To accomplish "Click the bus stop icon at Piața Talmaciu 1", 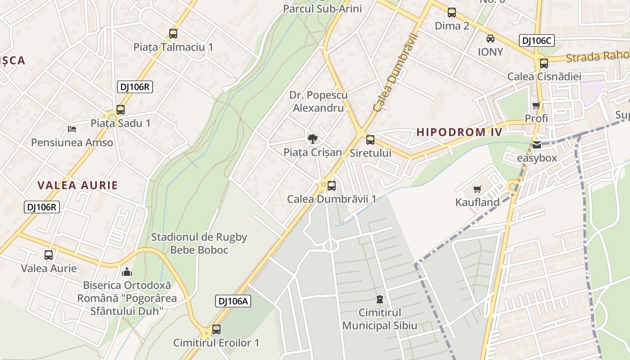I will [x=173, y=33].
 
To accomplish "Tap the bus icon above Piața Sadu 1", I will [x=121, y=109].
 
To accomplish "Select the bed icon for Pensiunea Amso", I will [x=72, y=129].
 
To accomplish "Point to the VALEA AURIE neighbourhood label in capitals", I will [x=78, y=185].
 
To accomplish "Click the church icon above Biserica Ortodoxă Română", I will [x=127, y=272].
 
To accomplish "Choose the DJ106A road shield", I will [x=233, y=301].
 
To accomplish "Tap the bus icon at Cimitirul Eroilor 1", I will [x=216, y=329].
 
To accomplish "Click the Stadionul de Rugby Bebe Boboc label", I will [x=199, y=243].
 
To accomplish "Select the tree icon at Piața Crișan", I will [x=313, y=139].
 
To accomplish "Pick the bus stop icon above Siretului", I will [x=370, y=139].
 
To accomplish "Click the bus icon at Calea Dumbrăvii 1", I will [x=332, y=185].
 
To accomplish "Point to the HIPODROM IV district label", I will [x=459, y=132].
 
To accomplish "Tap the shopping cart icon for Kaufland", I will [x=477, y=189].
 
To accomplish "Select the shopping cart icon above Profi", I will [x=536, y=105].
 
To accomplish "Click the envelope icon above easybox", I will [x=537, y=145].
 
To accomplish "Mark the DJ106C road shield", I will [x=536, y=40].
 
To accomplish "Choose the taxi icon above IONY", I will [x=490, y=39].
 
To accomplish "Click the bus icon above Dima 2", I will [x=452, y=13].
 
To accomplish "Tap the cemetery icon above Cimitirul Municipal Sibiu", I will [x=380, y=299].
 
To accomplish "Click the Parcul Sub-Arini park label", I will [x=322, y=9].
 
